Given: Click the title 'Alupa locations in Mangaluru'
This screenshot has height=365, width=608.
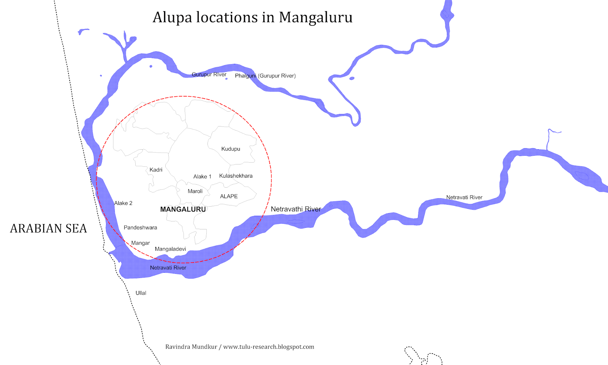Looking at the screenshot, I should point(252,17).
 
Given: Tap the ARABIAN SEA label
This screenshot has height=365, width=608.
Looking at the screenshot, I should point(48,228).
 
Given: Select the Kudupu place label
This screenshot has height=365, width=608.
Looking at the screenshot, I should point(231,149).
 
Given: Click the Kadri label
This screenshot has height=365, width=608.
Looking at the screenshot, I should point(156,170).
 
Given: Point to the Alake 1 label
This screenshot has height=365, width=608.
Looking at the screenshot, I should point(202,177).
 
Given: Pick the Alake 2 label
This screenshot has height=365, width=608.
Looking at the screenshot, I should point(123,203).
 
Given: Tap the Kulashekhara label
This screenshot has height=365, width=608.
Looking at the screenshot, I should point(236,176).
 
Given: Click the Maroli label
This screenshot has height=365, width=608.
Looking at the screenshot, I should point(195,191).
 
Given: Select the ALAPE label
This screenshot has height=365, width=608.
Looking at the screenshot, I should point(229,196).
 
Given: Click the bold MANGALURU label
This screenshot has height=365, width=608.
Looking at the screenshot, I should point(183,209).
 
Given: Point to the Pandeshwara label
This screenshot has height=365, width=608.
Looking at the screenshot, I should point(140,228).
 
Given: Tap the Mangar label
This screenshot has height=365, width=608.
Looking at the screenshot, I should point(140,243).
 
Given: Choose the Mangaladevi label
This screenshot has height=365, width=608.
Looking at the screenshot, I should point(170,249).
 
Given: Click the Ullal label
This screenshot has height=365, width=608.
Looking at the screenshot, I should point(141,293).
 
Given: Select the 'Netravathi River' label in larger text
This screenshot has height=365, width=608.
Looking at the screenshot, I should point(296,209).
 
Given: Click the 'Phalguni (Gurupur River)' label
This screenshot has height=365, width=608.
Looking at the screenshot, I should point(265,76).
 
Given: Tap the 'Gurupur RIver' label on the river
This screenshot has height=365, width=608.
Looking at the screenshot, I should point(209,74).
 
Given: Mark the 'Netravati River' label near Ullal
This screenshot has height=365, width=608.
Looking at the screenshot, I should point(168,268).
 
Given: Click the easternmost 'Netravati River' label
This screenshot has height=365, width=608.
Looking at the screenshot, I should point(464,198).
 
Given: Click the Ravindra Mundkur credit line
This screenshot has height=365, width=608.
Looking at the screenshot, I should point(239,347).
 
